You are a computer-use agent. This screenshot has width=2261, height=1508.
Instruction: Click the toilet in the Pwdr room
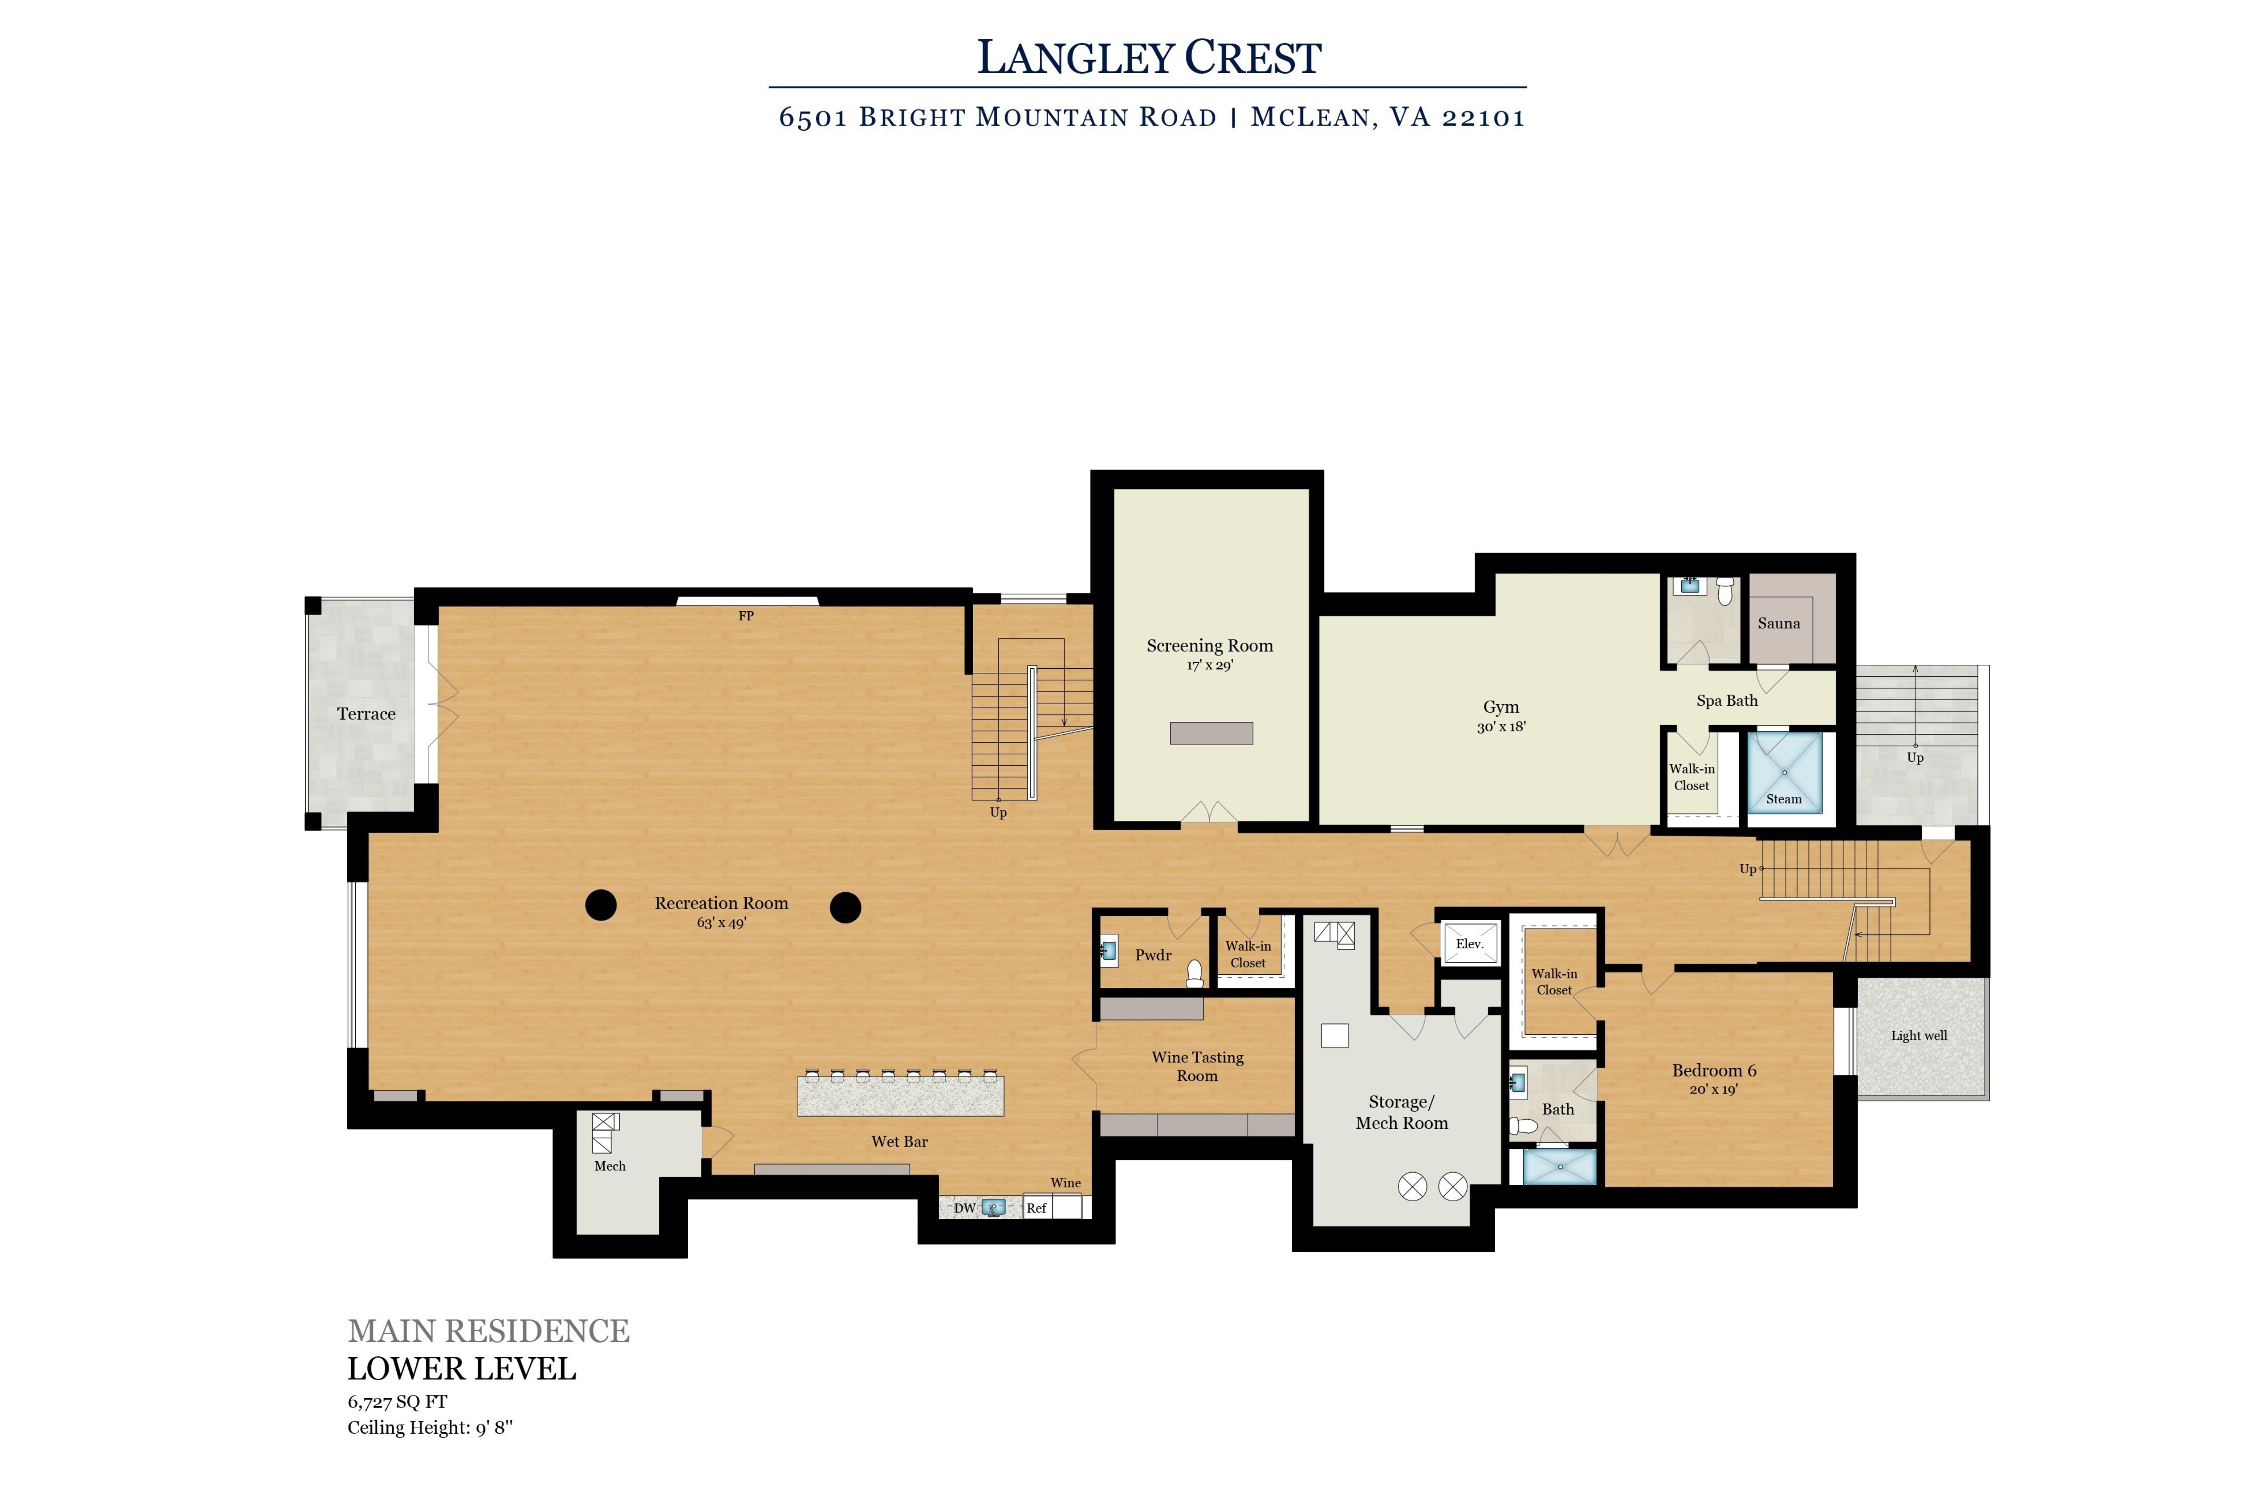point(1195,974)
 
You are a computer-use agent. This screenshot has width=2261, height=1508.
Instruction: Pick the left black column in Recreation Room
point(601,905)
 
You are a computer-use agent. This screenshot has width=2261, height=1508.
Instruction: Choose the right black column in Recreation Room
point(845,907)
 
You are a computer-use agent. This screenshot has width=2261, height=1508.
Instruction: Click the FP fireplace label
point(746,616)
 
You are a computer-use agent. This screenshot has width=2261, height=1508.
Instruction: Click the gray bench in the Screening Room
point(1211,733)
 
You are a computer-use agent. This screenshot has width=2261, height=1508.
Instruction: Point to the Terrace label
point(366,714)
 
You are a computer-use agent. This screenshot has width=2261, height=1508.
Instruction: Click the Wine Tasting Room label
point(1198,1066)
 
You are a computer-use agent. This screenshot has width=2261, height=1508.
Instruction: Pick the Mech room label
point(609,1166)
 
